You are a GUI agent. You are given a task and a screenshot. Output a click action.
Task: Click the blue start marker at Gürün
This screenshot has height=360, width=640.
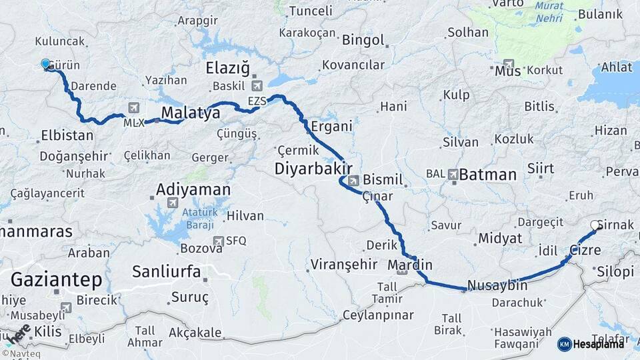pyautogui.click(x=45, y=64)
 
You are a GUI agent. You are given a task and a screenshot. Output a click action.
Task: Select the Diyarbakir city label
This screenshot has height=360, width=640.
pyautogui.click(x=313, y=169)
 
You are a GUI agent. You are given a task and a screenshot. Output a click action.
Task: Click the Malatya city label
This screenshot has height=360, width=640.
pyautogui.click(x=191, y=113)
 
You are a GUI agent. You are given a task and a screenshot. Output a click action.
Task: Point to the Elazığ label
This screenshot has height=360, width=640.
pyautogui.click(x=227, y=68)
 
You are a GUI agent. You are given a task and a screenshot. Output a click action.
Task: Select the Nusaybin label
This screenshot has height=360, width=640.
pyautogui.click(x=497, y=285)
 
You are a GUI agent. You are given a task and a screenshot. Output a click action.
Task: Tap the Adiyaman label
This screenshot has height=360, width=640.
pyautogui.click(x=193, y=190)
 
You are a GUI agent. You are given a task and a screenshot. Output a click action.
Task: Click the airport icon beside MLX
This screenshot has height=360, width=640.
pyautogui.click(x=134, y=108)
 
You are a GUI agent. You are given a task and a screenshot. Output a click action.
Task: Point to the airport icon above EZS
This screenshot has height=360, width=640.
pyautogui.click(x=258, y=86)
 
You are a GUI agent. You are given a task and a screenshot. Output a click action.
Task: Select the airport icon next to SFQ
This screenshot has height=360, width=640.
pyautogui.click(x=217, y=241)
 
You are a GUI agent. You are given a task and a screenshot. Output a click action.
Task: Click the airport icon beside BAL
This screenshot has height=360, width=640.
pyautogui.click(x=454, y=174)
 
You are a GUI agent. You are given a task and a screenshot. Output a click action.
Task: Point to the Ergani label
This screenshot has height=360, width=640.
pyautogui.click(x=331, y=126)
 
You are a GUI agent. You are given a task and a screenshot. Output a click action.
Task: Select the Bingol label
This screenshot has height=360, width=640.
pyautogui.click(x=363, y=41)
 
